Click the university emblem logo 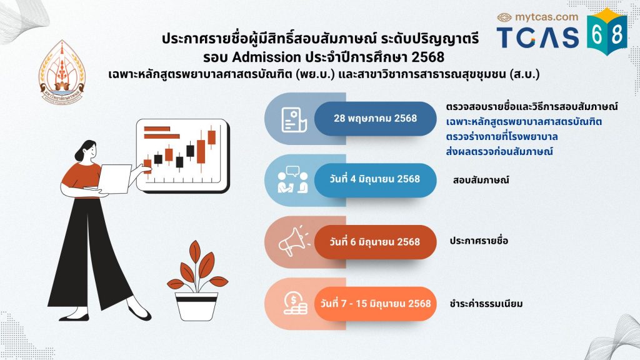coord(62,72)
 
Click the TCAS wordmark coord(538,37)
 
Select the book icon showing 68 coord(607,32)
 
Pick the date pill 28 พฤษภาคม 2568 coord(375,118)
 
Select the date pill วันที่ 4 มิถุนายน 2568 coord(375,179)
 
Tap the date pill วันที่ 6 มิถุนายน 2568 coord(375,242)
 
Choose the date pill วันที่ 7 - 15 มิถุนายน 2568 coord(375,304)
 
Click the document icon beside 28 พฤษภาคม coord(294,120)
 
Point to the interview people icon coord(292,179)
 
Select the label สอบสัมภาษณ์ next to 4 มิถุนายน coord(481,180)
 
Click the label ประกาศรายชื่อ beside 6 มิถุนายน coord(479,241)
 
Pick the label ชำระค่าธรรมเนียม coord(486,304)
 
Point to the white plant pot coord(196,306)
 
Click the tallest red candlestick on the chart coord(201,151)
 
